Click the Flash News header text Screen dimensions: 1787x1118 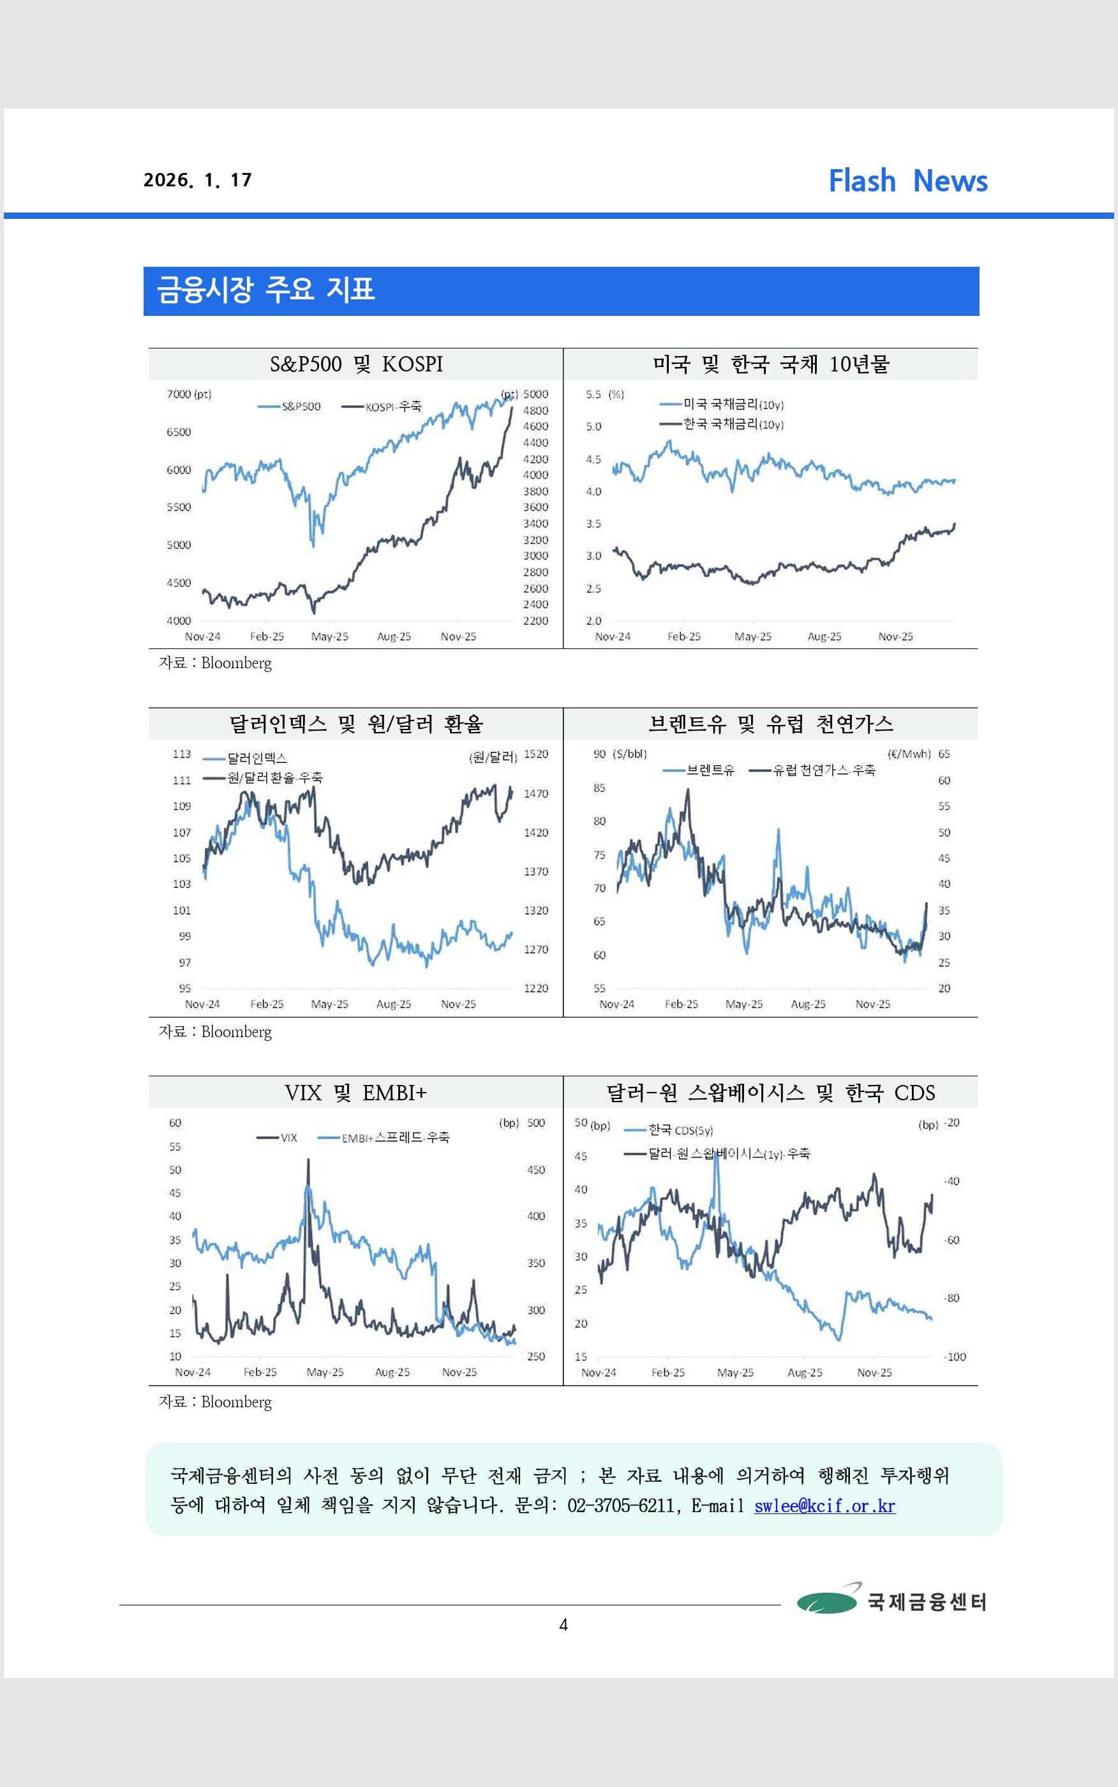[x=907, y=181]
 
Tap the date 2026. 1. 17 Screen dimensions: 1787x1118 [x=197, y=181]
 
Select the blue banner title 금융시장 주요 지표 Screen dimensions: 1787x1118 [x=266, y=290]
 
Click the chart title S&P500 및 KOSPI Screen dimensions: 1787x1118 [x=355, y=364]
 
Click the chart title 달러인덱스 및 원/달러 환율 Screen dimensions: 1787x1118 [x=355, y=724]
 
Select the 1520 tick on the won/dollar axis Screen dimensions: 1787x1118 [x=536, y=754]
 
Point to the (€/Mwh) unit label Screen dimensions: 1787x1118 [x=909, y=754]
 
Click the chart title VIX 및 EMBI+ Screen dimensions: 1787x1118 [x=355, y=1093]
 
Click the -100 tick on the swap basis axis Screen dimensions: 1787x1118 [x=955, y=1357]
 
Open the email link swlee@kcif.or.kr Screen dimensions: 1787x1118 [x=824, y=1506]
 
